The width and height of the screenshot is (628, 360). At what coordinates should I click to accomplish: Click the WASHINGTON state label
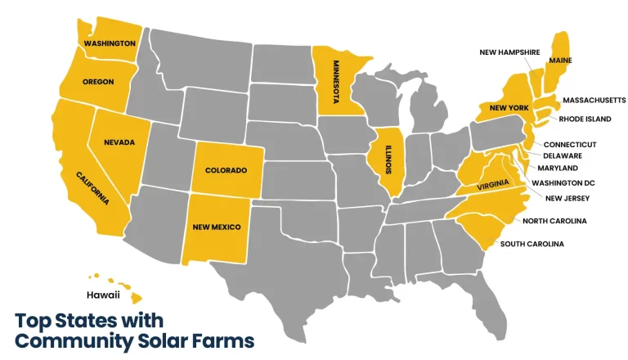pyautogui.click(x=109, y=43)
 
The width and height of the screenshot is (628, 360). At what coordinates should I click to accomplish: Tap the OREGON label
pyautogui.click(x=98, y=81)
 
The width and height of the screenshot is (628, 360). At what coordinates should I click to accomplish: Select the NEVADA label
pyautogui.click(x=119, y=142)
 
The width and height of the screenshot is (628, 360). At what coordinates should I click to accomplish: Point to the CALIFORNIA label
pyautogui.click(x=92, y=188)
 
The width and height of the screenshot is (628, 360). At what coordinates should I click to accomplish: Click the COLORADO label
pyautogui.click(x=226, y=170)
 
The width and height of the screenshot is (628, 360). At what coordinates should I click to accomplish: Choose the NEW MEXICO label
pyautogui.click(x=217, y=227)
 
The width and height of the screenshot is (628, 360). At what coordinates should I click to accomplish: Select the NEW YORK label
pyautogui.click(x=509, y=107)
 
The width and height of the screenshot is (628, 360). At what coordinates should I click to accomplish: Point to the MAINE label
pyautogui.click(x=560, y=60)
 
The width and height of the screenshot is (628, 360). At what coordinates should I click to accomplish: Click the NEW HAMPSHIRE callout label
pyautogui.click(x=509, y=52)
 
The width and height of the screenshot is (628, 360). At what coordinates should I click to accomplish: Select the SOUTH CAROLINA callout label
pyautogui.click(x=532, y=244)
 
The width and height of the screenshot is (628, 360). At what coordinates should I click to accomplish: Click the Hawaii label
pyautogui.click(x=103, y=294)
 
